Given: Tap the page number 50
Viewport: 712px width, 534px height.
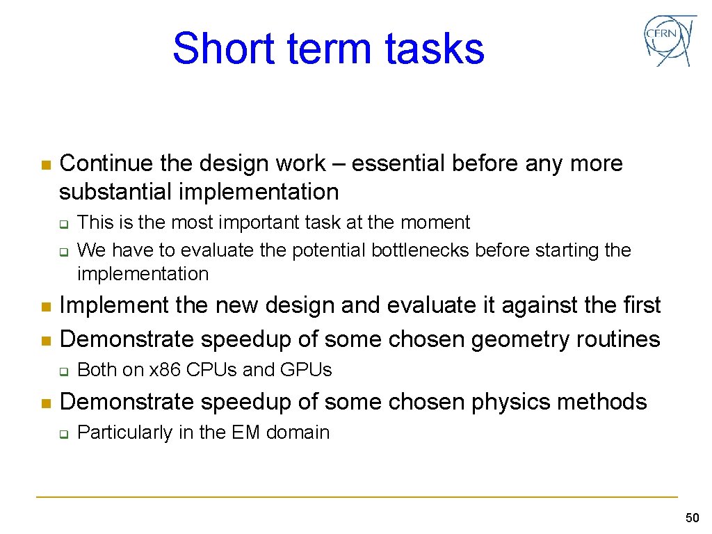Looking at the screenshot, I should (692, 517).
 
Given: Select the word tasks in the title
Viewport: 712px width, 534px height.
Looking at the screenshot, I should (434, 49).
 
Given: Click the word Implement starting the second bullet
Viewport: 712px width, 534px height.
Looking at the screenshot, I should (114, 305).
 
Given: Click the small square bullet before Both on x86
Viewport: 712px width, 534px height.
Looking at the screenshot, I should (62, 371).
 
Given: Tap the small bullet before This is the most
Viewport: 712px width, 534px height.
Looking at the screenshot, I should (62, 224).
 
